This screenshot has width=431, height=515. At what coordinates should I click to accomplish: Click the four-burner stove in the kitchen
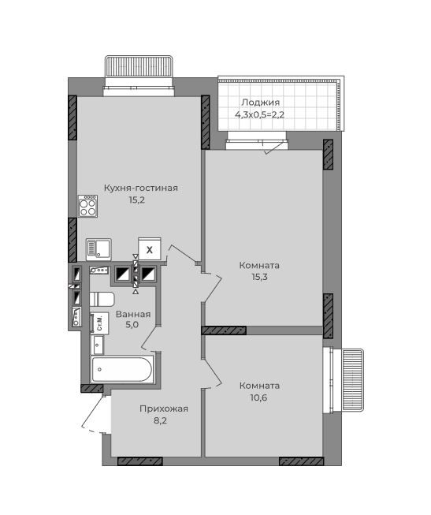point(87,206)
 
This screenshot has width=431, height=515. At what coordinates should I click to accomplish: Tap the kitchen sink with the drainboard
point(98,249)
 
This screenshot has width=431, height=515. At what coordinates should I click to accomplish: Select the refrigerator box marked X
point(150,249)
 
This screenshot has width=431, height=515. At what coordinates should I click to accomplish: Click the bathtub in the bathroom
point(122,369)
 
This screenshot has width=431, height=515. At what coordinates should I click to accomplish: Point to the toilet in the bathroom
point(102,299)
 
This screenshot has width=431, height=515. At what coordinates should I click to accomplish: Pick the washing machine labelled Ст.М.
point(99,323)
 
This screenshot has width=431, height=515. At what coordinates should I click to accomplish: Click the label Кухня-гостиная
point(141,188)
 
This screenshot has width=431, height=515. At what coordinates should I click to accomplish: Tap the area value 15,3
point(260,277)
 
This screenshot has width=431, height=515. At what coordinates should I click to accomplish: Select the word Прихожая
point(164,409)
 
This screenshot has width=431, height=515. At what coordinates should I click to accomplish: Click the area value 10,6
point(259,397)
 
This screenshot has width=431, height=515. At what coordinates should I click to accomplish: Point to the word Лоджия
point(261,103)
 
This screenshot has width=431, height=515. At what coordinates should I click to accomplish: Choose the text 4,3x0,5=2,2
point(259,115)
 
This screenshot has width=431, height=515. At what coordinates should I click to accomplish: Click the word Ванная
point(133,314)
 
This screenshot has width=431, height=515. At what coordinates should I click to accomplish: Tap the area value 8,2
point(161,420)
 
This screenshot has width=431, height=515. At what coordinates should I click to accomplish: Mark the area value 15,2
point(137,200)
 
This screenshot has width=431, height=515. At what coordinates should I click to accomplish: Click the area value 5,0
point(132,325)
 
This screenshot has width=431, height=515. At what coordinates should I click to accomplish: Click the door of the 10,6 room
point(213,374)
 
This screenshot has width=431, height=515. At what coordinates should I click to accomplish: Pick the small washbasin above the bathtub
point(98,345)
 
